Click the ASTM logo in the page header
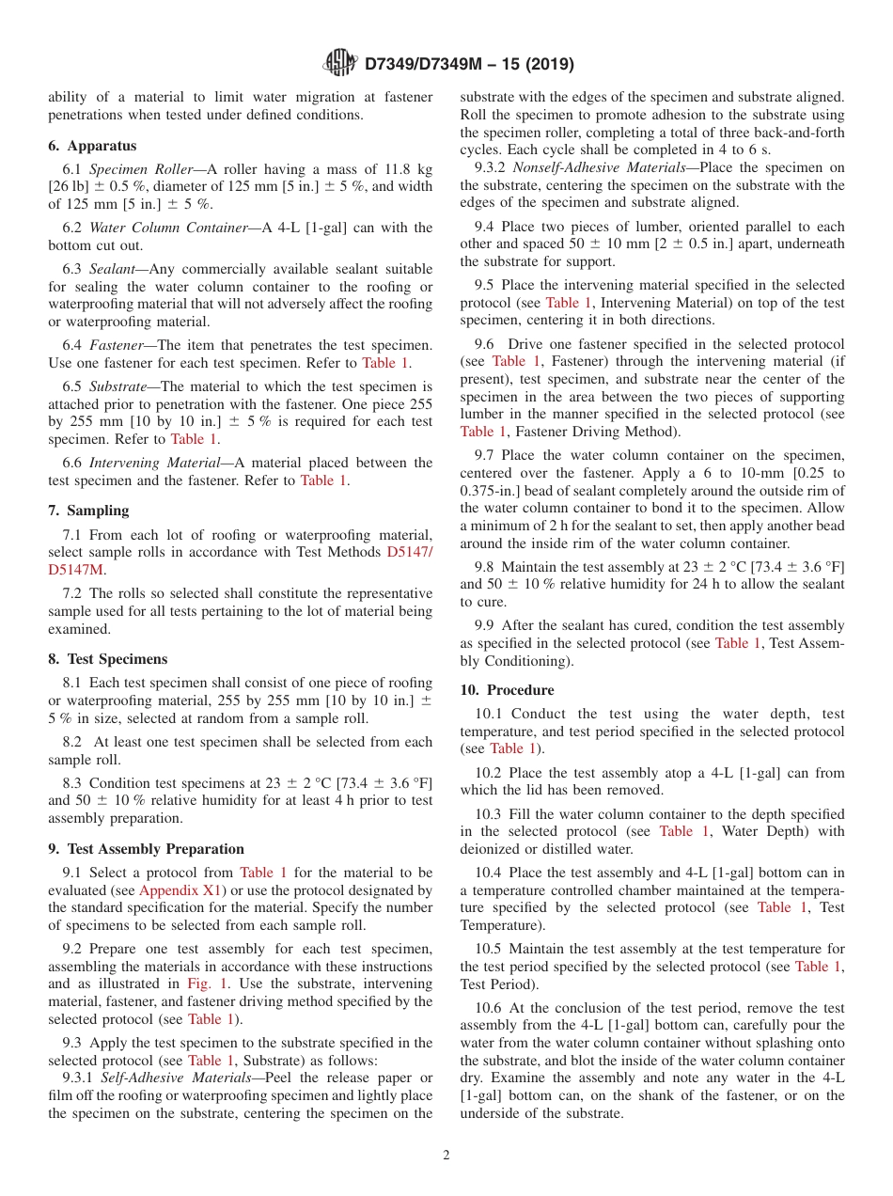pyautogui.click(x=340, y=63)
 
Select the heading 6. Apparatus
pyautogui.click(x=92, y=146)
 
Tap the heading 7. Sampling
pyautogui.click(x=88, y=511)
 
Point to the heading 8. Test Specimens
pyautogui.click(x=107, y=659)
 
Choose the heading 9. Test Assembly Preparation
pyautogui.click(x=146, y=849)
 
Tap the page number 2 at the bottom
pyautogui.click(x=446, y=1156)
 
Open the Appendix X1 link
pyautogui.click(x=176, y=890)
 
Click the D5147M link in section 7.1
pyautogui.click(x=76, y=570)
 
